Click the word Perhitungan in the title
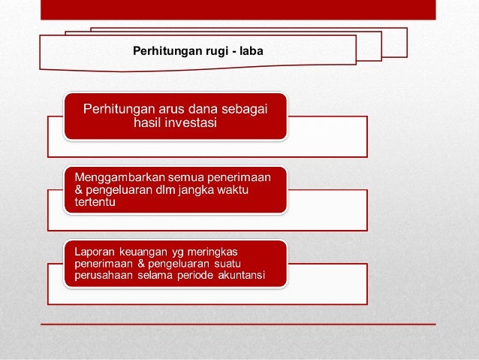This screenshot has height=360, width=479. click(x=163, y=51)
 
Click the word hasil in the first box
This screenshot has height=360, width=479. click(x=148, y=123)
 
